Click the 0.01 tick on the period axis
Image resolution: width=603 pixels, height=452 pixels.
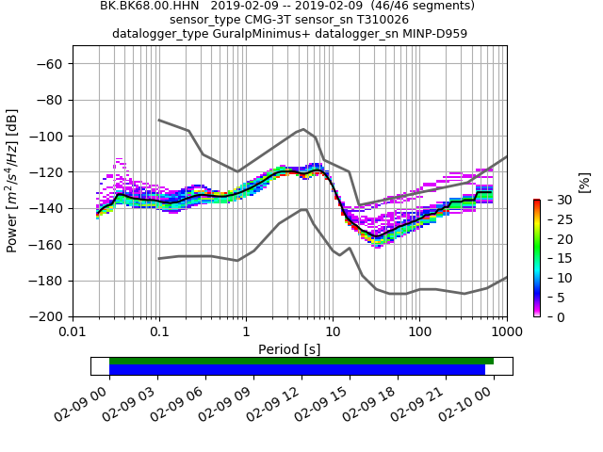73,331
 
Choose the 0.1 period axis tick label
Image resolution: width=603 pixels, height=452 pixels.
159,331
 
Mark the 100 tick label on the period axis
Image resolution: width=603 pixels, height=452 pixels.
419,331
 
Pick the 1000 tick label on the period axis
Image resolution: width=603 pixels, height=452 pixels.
506,331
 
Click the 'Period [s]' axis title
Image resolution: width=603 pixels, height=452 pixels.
289,349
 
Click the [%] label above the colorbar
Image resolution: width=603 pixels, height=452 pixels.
584,183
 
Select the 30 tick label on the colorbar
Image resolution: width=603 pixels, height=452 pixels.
553,200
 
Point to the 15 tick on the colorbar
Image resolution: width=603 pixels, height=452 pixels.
553,258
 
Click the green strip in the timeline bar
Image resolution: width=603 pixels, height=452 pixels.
301,361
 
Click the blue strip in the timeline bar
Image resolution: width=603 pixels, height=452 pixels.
297,370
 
